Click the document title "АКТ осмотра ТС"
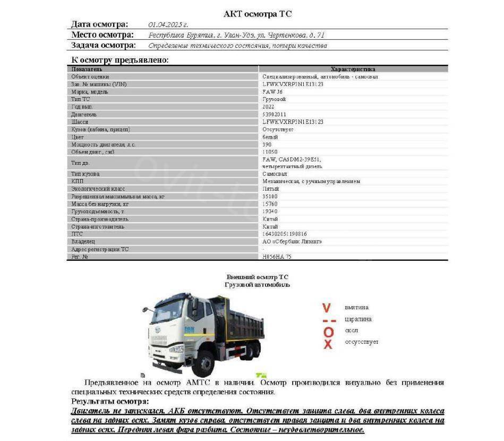(258, 14)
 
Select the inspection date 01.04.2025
(168, 24)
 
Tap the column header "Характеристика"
(353, 69)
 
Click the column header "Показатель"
(87, 69)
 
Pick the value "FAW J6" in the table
(273, 92)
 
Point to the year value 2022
(269, 107)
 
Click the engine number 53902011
(274, 114)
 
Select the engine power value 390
(267, 145)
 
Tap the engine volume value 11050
(270, 152)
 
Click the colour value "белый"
(270, 137)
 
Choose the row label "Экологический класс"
(95, 189)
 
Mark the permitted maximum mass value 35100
(270, 197)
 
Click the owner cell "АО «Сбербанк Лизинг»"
(292, 242)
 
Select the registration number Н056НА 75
(277, 257)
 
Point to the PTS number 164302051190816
(285, 234)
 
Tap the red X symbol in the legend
(328, 344)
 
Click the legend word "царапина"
(358, 319)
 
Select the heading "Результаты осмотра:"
(110, 402)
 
